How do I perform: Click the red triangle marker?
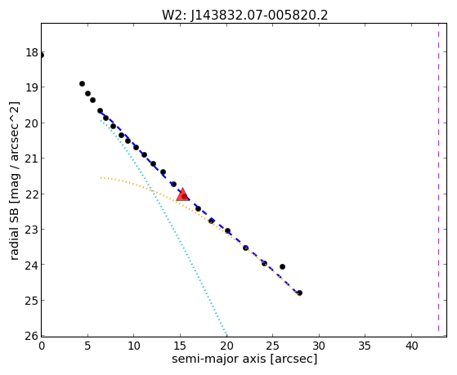[x=183, y=194]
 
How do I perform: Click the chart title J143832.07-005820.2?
[x=244, y=16]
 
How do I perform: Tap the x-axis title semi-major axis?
[x=219, y=359]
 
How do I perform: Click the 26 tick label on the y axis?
[x=32, y=336]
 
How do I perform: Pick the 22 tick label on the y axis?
[x=32, y=194]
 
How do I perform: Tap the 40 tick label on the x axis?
[x=411, y=346]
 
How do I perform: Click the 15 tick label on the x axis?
[x=180, y=346]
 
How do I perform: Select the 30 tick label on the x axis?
[x=319, y=346]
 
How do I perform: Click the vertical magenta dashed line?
[x=438, y=180]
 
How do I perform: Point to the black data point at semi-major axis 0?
[x=42, y=56]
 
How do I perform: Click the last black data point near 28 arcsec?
[x=299, y=292]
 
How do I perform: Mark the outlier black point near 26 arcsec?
[x=282, y=266]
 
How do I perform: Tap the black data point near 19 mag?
[x=83, y=83]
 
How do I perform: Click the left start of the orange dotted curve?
[x=101, y=177]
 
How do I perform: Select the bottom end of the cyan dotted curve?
[x=226, y=335]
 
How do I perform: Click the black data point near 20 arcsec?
[x=227, y=230]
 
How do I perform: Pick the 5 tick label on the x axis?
[x=87, y=346]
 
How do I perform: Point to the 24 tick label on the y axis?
[x=32, y=265]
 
